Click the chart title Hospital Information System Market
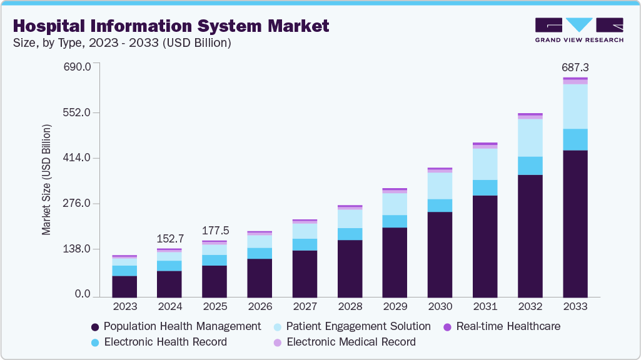(170, 26)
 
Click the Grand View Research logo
(578, 29)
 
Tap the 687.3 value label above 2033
(575, 67)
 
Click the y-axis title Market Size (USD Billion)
(46, 180)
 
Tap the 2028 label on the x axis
(350, 307)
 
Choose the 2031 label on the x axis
(485, 307)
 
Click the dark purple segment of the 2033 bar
(575, 223)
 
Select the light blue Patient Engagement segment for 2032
(530, 137)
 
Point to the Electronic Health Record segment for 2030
(440, 205)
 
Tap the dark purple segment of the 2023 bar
(124, 286)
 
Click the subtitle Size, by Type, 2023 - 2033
(123, 43)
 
